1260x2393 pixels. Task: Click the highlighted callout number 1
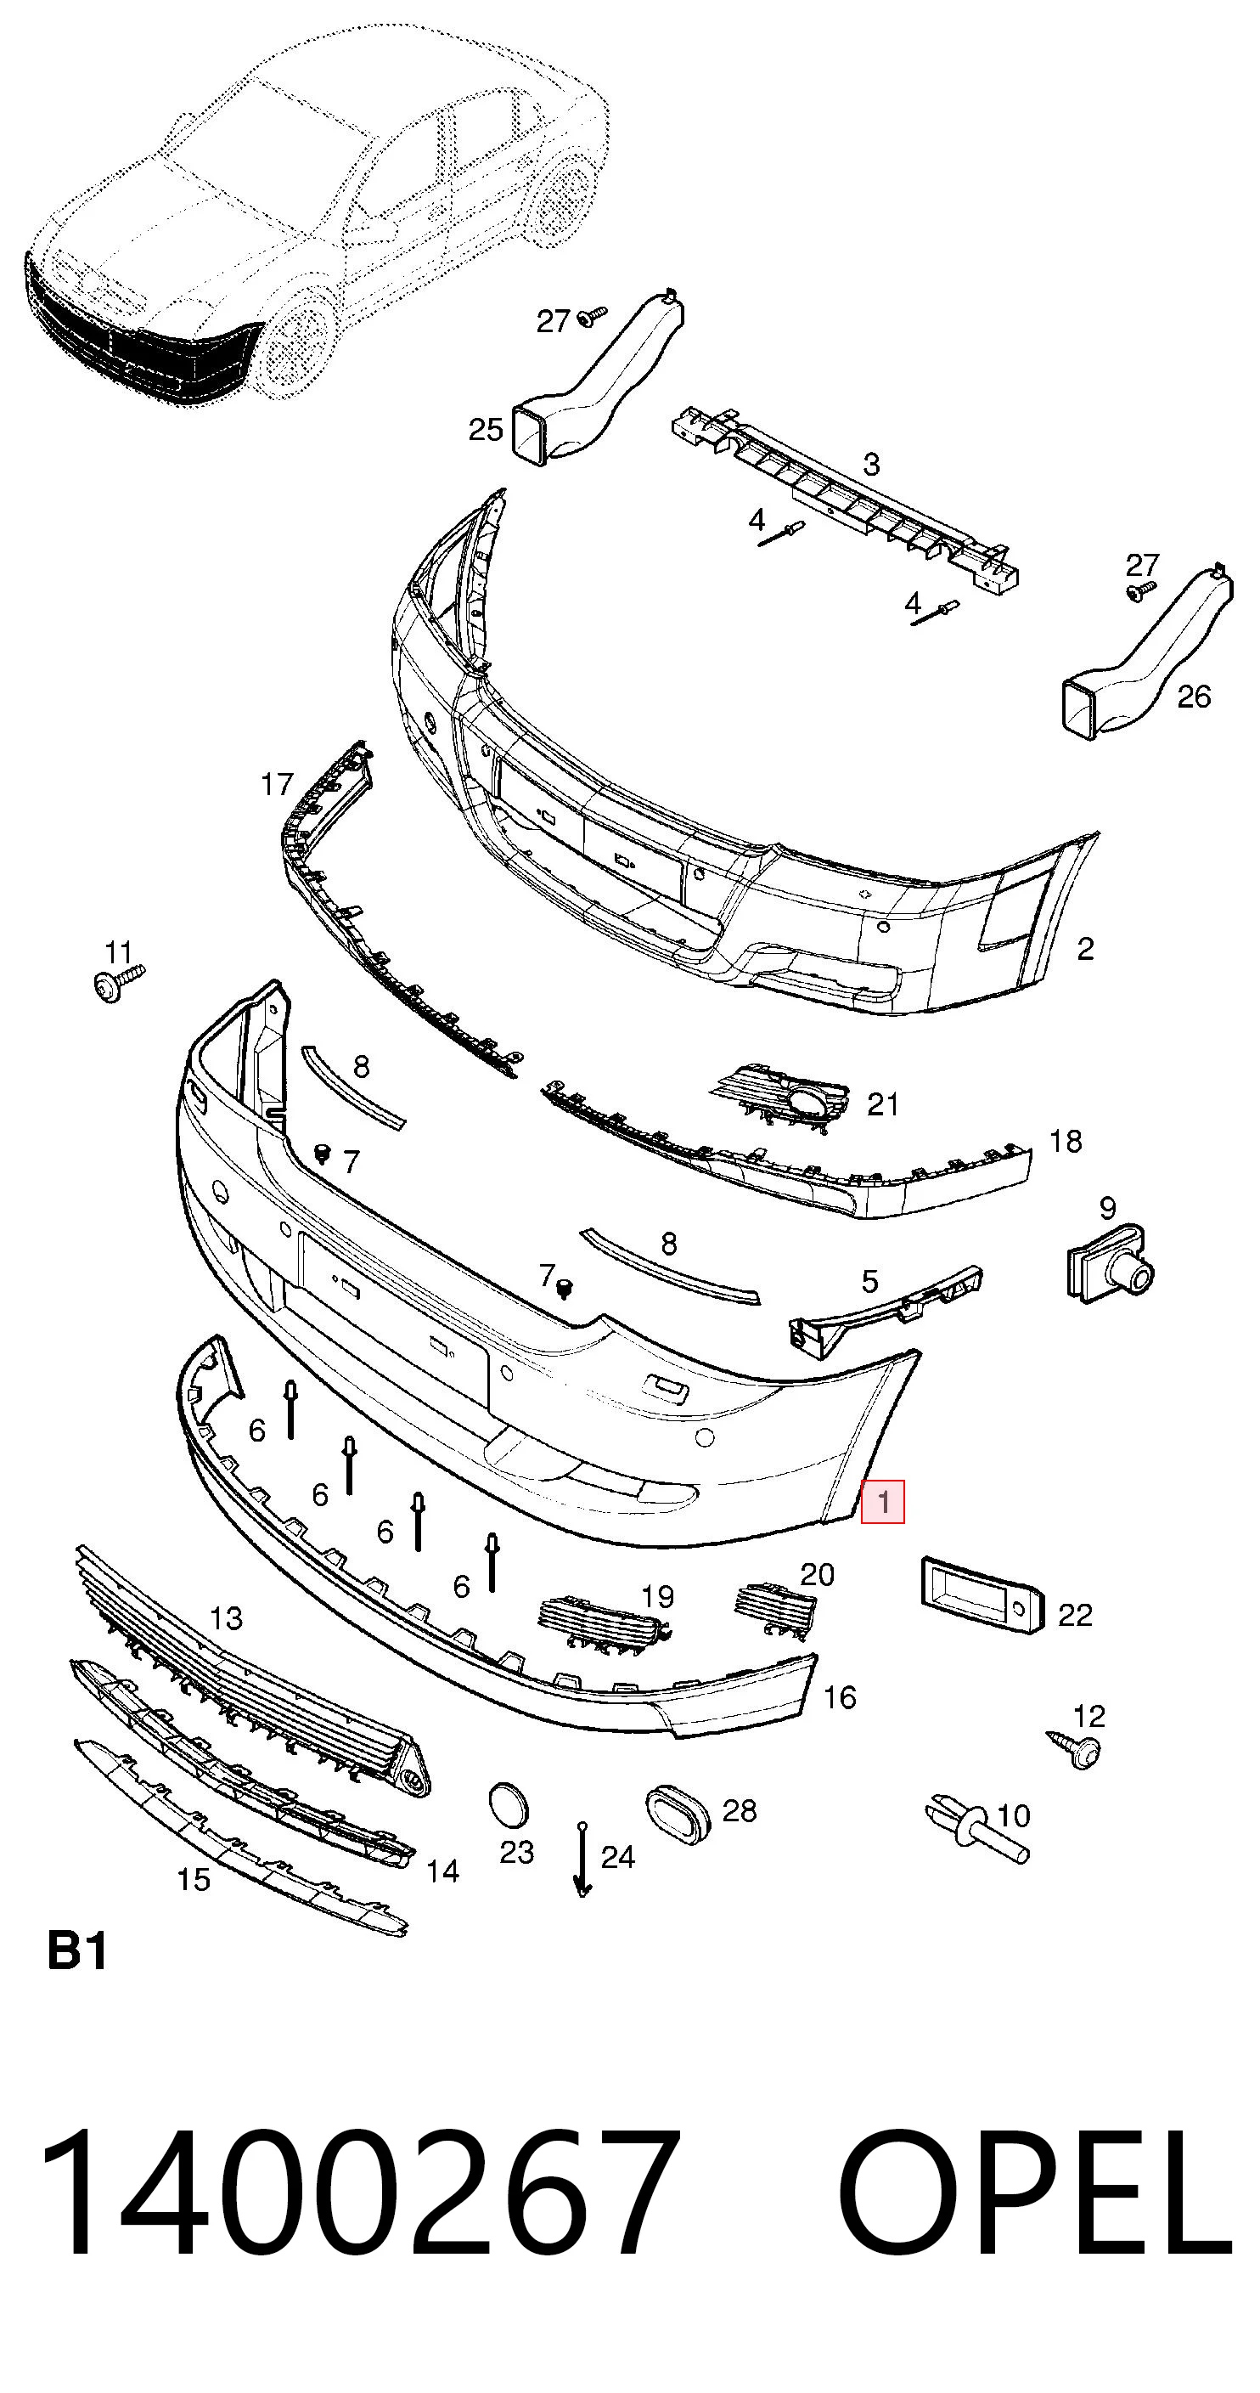point(882,1501)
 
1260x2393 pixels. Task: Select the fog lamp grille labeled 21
point(782,1098)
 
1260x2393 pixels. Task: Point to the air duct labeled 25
point(595,377)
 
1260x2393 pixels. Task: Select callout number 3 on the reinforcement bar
point(870,464)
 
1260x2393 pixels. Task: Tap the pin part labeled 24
point(582,1860)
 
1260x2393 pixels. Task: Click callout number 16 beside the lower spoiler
point(840,1697)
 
